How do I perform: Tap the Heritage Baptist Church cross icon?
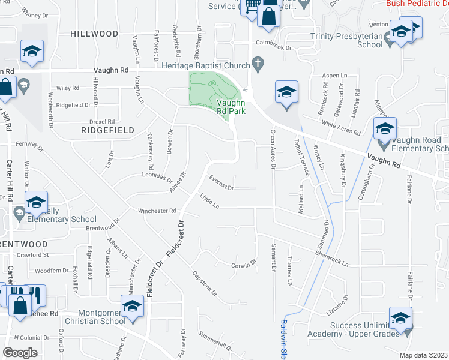click(258, 63)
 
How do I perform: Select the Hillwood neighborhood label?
click(94, 34)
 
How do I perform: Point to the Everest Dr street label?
click(221, 182)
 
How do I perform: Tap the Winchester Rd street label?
click(157, 211)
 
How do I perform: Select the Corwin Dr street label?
click(244, 265)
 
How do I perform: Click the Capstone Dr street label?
click(204, 284)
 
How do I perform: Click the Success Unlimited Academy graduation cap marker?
click(400, 319)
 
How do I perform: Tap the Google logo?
click(20, 353)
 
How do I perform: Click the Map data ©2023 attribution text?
click(424, 355)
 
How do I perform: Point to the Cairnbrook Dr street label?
click(273, 46)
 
